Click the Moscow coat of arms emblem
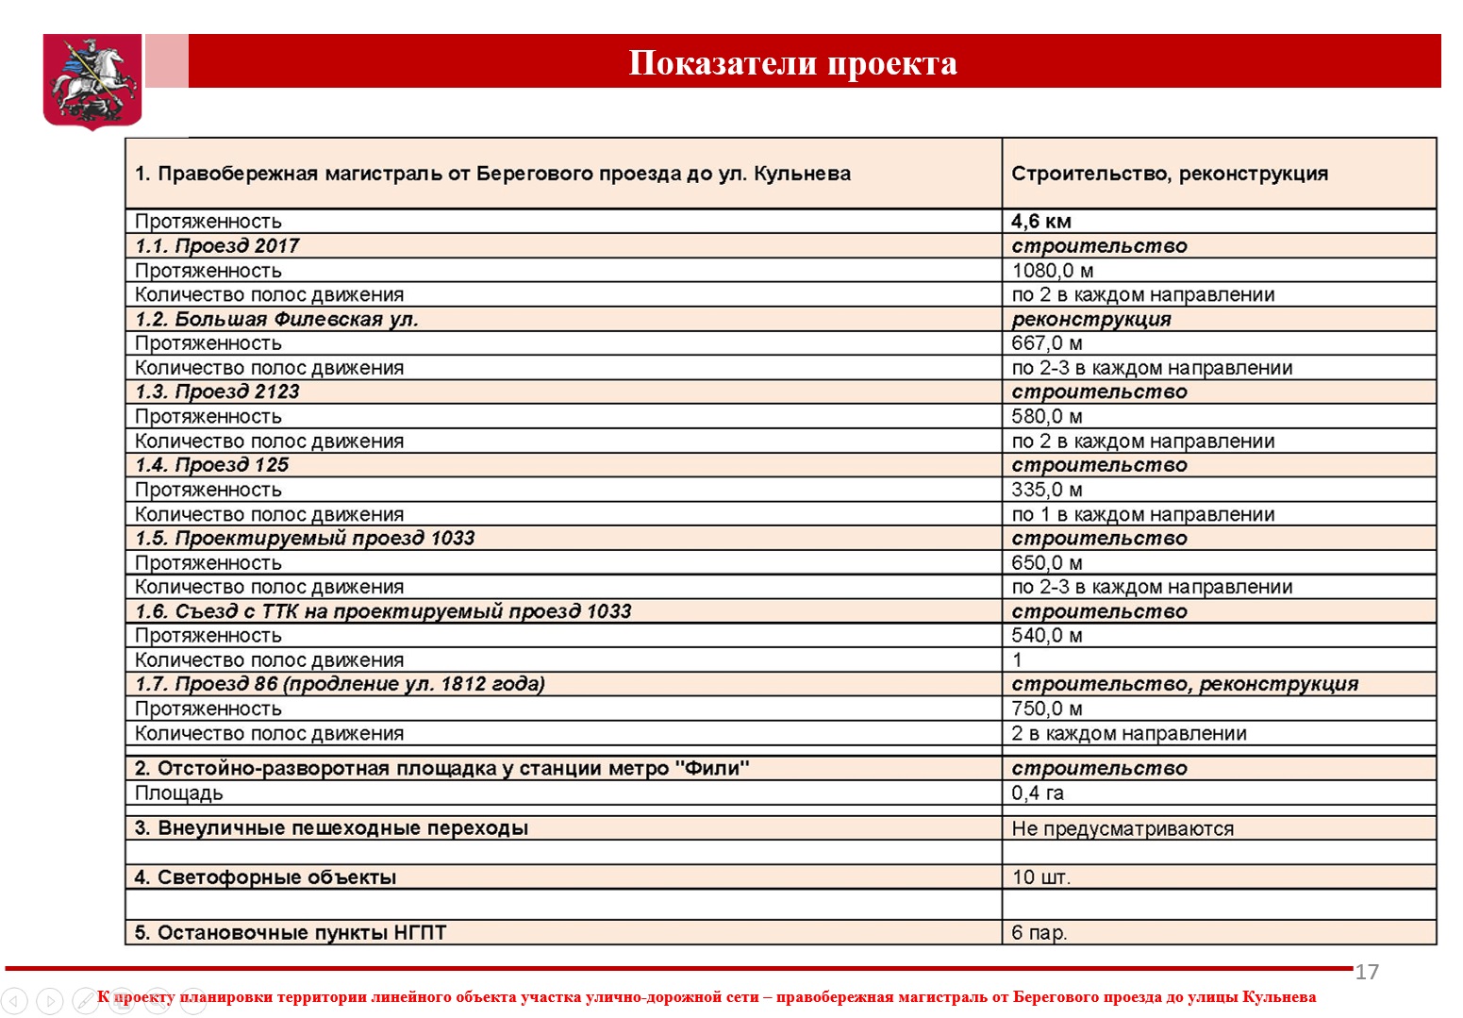[x=92, y=80]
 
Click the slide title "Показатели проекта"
[x=792, y=63]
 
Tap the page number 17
[x=1367, y=973]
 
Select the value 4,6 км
[x=1040, y=222]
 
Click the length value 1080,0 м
[x=1052, y=271]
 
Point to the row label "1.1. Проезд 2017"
[x=217, y=246]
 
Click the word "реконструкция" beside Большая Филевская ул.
[x=1090, y=319]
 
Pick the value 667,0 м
[x=1046, y=343]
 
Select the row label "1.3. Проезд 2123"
[x=217, y=392]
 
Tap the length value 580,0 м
[x=1046, y=417]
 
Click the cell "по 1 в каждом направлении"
[x=1142, y=515]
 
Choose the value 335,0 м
[x=1046, y=490]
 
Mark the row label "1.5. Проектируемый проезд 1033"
[x=305, y=539]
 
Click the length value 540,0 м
[x=1046, y=636]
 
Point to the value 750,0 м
[x=1046, y=709]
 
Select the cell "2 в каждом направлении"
[x=1128, y=734]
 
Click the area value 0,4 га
[x=1037, y=793]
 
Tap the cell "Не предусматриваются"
[x=1122, y=829]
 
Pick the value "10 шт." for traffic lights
[x=1040, y=877]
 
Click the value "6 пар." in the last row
[x=1039, y=933]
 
